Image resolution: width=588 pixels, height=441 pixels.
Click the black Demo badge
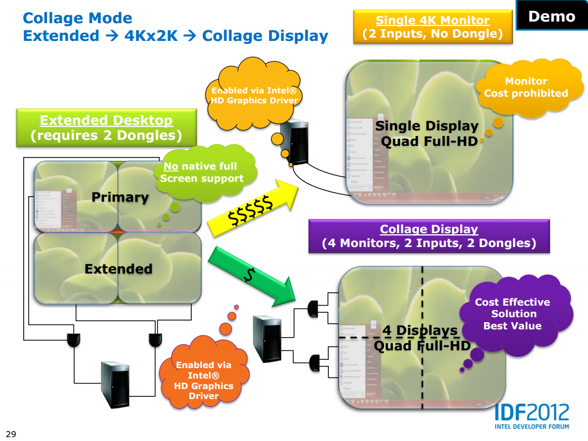(551, 15)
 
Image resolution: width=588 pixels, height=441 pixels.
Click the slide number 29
(11, 433)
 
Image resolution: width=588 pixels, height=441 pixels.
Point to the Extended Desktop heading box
(106, 128)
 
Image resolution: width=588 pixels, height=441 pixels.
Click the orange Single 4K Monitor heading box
(432, 27)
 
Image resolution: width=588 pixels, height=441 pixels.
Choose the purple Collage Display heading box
(428, 236)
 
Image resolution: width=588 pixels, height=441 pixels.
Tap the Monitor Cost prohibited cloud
(526, 88)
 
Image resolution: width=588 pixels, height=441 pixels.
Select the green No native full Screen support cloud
(202, 172)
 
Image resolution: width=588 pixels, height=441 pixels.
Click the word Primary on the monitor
(120, 197)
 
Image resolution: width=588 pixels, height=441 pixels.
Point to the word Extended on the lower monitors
(118, 269)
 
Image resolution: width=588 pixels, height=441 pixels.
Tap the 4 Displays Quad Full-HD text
(422, 338)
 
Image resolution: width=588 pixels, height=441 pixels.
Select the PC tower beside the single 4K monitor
(292, 142)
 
